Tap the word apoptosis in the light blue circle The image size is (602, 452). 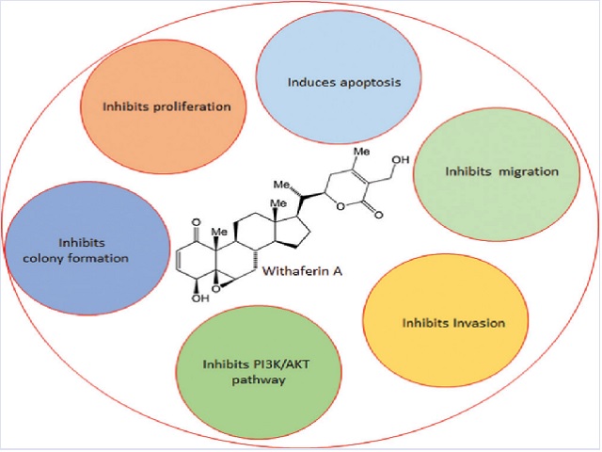[x=368, y=82]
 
